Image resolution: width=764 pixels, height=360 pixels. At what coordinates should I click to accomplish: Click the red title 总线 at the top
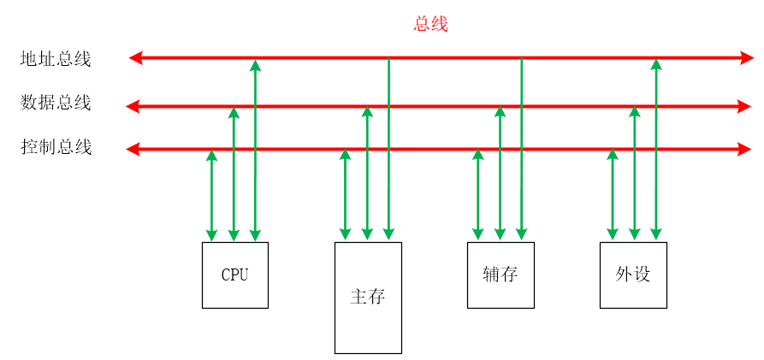point(430,24)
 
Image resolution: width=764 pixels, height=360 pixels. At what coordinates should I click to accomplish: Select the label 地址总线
point(56,59)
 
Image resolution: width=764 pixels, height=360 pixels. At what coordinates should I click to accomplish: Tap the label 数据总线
point(56,103)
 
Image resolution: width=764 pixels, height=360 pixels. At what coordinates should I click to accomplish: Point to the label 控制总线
point(56,147)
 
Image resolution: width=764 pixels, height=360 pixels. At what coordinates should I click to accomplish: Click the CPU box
point(234,274)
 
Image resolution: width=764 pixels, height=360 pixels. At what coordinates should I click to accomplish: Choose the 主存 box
point(368,297)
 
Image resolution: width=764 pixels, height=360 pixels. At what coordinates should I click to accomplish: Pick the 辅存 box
point(500,274)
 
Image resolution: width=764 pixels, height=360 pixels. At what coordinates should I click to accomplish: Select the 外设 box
point(633,274)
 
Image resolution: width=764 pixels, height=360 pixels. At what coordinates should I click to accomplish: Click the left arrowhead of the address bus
point(135,58)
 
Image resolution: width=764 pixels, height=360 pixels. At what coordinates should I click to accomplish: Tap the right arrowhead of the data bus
point(744,107)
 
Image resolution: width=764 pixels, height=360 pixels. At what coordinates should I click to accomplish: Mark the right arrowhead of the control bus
point(744,150)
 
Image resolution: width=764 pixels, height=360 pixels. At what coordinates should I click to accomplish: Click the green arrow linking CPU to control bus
point(212,195)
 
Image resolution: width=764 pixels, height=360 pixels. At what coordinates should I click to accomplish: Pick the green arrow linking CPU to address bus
point(255,150)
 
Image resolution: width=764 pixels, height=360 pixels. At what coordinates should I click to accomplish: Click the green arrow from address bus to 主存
point(389,150)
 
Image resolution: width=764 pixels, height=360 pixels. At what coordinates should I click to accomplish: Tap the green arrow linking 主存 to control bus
point(346,195)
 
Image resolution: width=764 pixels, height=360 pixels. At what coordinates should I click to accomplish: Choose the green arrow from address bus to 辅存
point(522,150)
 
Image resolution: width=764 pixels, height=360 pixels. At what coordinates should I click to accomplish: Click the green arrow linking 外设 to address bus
point(655,150)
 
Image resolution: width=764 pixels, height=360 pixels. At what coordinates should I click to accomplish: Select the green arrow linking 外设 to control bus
point(613,195)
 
